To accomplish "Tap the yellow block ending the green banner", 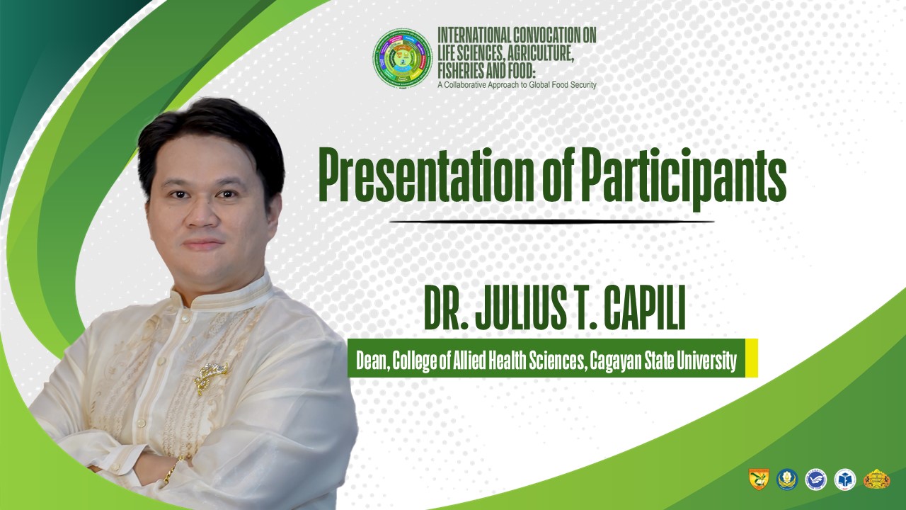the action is pyautogui.click(x=751, y=358).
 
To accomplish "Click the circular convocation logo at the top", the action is pyautogui.click(x=403, y=57).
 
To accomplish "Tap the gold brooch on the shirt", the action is pyautogui.click(x=211, y=378).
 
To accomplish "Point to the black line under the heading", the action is pyautogui.click(x=551, y=222).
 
